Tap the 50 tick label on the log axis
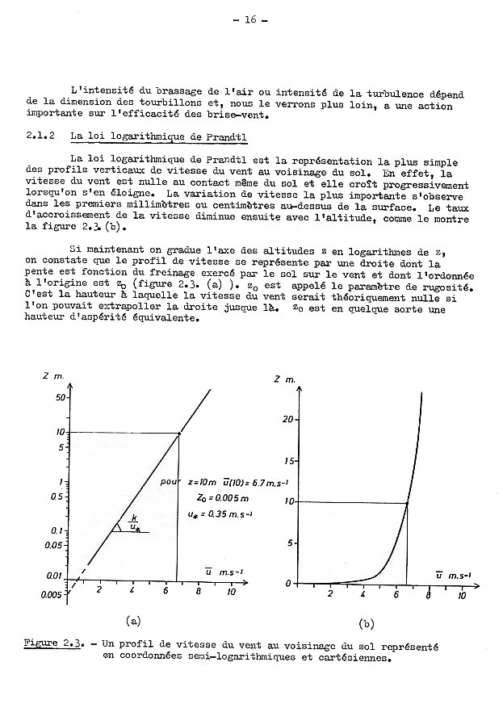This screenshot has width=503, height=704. pyautogui.click(x=60, y=398)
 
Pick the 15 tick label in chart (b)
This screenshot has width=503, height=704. pyautogui.click(x=292, y=461)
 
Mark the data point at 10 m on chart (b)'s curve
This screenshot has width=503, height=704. pyautogui.click(x=406, y=503)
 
